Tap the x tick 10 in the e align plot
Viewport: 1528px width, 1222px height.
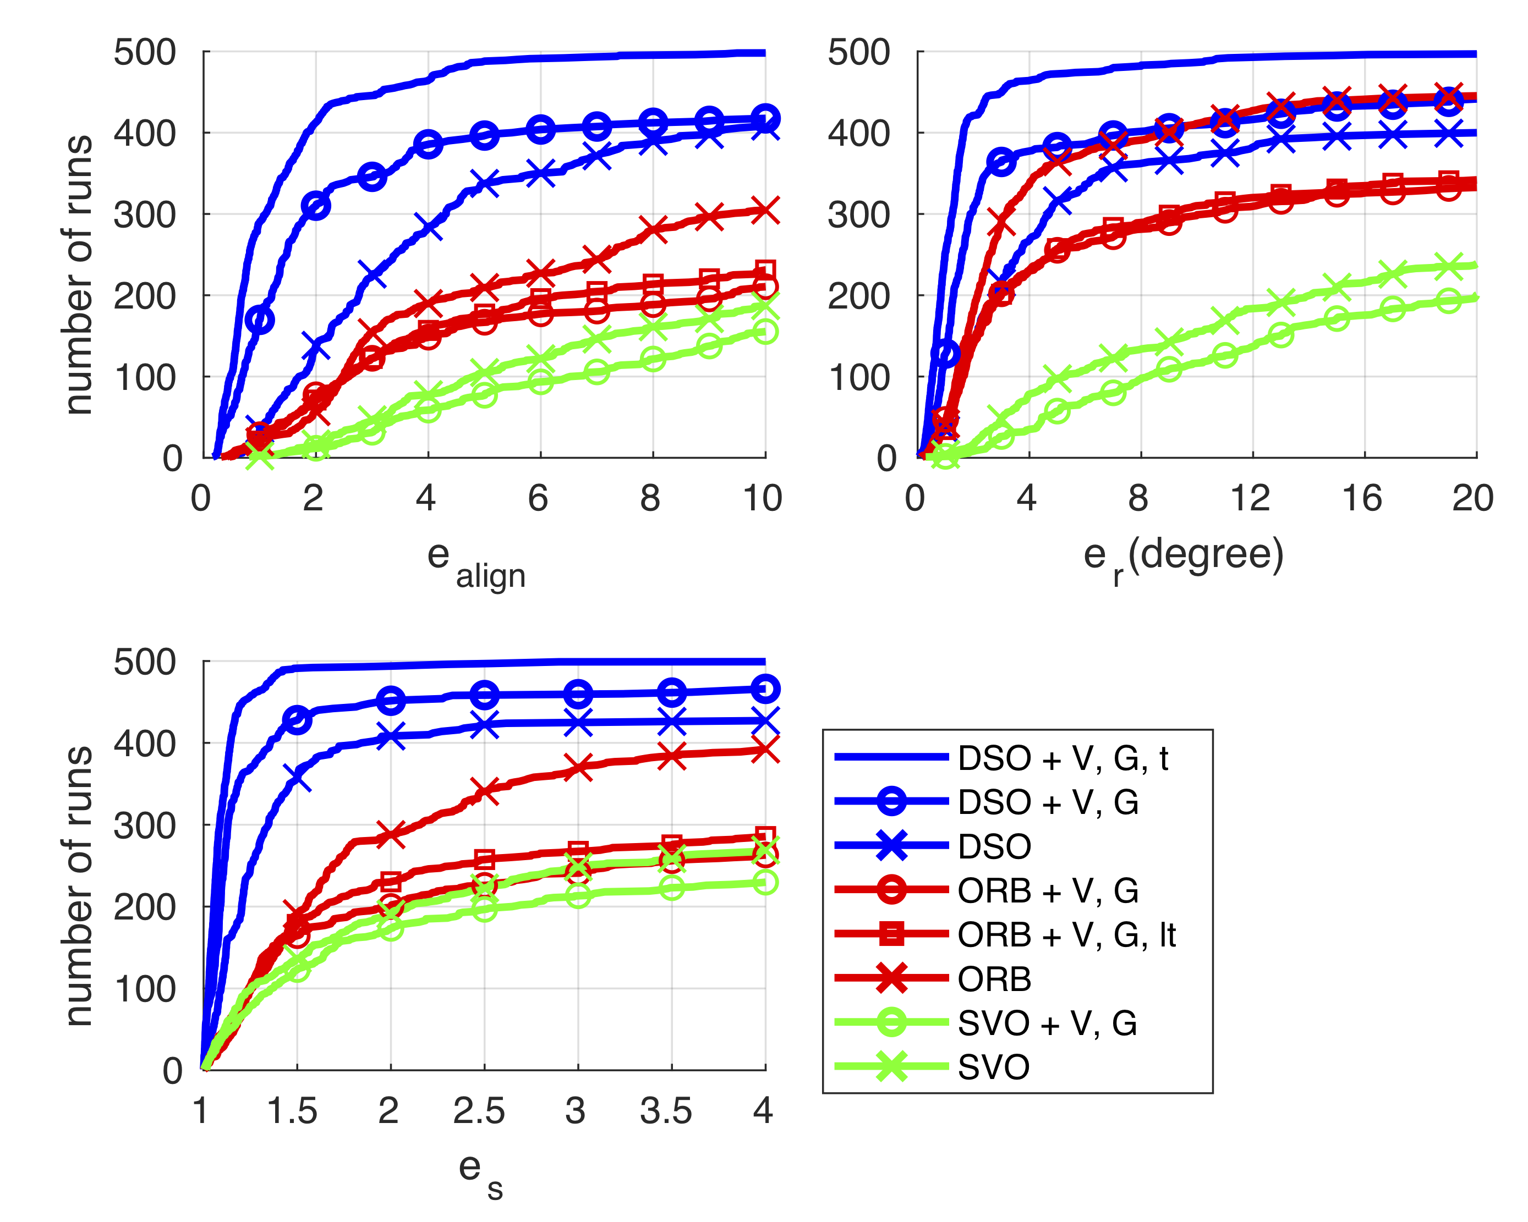pyautogui.click(x=763, y=498)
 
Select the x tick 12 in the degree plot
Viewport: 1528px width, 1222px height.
pyautogui.click(x=1250, y=498)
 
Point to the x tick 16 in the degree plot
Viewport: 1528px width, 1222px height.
pyautogui.click(x=1362, y=498)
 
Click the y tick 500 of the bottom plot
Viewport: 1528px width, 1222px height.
pyautogui.click(x=145, y=663)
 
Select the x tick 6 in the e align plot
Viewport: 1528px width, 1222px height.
pyautogui.click(x=538, y=498)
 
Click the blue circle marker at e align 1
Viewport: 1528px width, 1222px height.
pyautogui.click(x=259, y=320)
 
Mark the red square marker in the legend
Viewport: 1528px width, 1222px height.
pyautogui.click(x=891, y=934)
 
